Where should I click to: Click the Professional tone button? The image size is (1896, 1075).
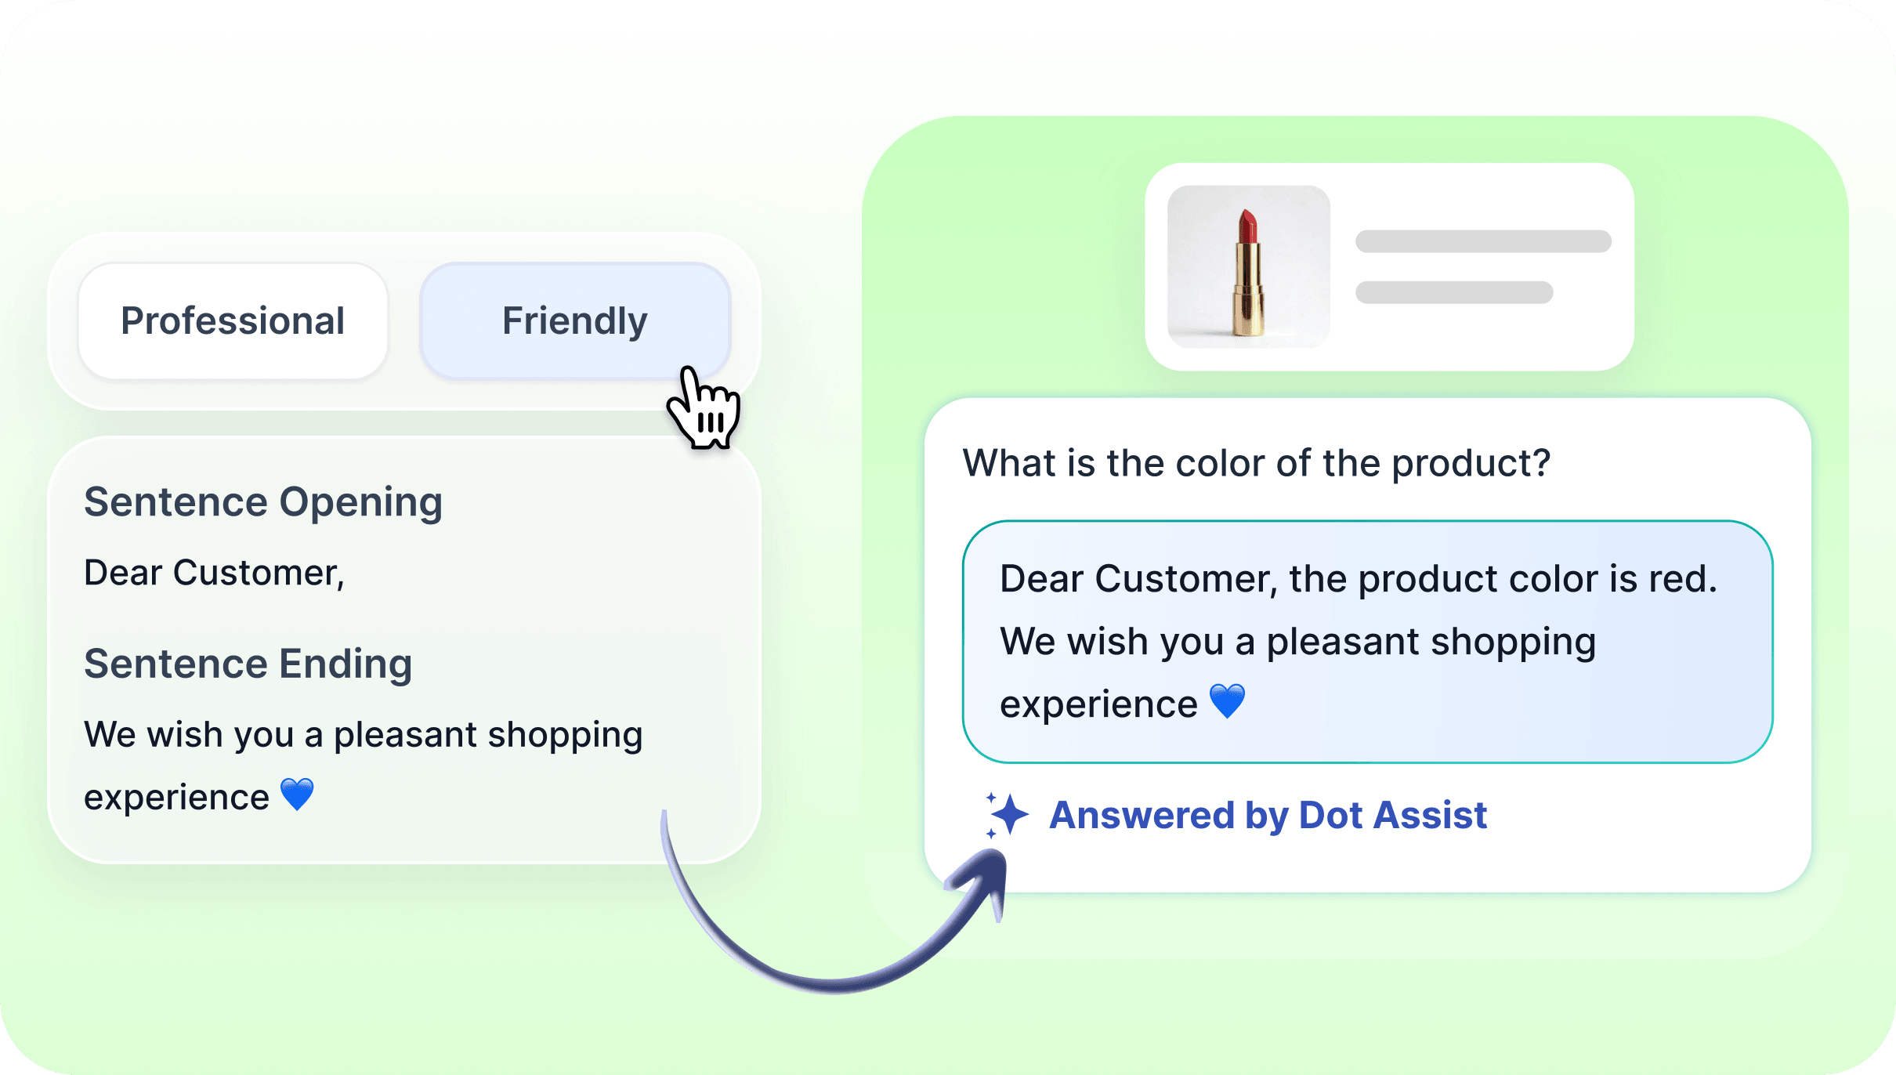[x=233, y=321]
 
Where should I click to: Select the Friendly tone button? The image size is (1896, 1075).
[x=575, y=321]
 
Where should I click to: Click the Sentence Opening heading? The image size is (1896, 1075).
[x=263, y=502]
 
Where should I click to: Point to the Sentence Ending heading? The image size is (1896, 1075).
[x=248, y=664]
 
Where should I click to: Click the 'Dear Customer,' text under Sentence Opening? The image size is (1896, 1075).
[x=214, y=574]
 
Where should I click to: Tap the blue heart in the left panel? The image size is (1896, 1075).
[x=297, y=794]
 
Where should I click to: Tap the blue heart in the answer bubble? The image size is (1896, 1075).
[x=1227, y=701]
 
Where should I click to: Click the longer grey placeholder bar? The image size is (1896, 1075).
[x=1483, y=241]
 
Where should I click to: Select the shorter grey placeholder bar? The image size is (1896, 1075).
[x=1454, y=292]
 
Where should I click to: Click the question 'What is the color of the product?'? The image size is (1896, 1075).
[x=1257, y=463]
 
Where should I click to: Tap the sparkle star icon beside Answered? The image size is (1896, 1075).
[x=1007, y=815]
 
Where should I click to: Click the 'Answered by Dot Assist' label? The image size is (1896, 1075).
[x=1268, y=816]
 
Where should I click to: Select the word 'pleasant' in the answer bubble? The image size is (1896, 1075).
[x=1343, y=642]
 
